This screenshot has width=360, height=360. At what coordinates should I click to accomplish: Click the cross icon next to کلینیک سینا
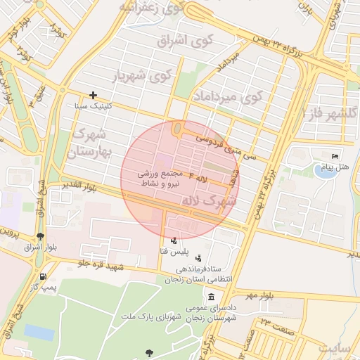[93, 95]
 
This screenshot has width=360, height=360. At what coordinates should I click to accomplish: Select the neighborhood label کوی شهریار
[143, 75]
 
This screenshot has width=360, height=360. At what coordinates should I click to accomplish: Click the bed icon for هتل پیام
[335, 156]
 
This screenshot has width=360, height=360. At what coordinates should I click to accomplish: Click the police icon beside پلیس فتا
[174, 240]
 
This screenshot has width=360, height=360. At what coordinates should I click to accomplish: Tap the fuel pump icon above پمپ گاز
[44, 276]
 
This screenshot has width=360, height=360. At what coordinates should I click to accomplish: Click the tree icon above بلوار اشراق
[40, 236]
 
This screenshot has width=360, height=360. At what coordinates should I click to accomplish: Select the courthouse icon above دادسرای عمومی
[211, 298]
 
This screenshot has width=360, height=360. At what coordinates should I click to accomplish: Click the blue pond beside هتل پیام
[324, 171]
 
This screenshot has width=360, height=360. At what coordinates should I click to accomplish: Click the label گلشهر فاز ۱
[330, 112]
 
